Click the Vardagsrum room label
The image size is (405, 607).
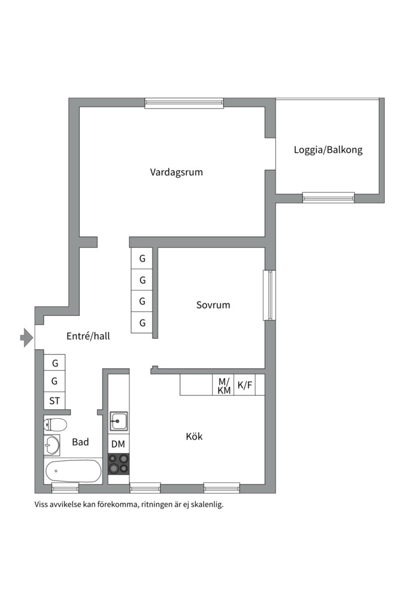pyautogui.click(x=176, y=172)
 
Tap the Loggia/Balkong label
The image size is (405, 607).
pyautogui.click(x=328, y=150)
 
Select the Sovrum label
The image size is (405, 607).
pyautogui.click(x=213, y=305)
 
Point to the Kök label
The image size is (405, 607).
pyautogui.click(x=194, y=436)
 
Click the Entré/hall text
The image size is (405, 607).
pyautogui.click(x=88, y=337)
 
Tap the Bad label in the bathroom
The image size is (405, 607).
pyautogui.click(x=80, y=442)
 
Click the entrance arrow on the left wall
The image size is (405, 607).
pyautogui.click(x=26, y=338)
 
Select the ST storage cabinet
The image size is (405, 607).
pyautogui.click(x=55, y=401)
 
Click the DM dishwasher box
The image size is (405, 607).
pyautogui.click(x=118, y=445)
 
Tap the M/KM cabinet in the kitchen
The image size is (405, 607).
pyautogui.click(x=224, y=386)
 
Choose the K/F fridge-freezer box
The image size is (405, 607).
pyautogui.click(x=245, y=386)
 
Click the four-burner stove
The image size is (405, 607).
pyautogui.click(x=118, y=463)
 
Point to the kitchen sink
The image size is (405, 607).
pyautogui.click(x=118, y=420)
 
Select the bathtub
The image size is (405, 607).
pyautogui.click(x=73, y=470)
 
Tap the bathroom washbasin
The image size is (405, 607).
pyautogui.click(x=52, y=445)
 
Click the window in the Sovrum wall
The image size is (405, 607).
pyautogui.click(x=269, y=296)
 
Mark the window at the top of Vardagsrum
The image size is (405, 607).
pyautogui.click(x=184, y=103)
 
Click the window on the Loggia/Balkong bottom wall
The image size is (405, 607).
pyautogui.click(x=328, y=197)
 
